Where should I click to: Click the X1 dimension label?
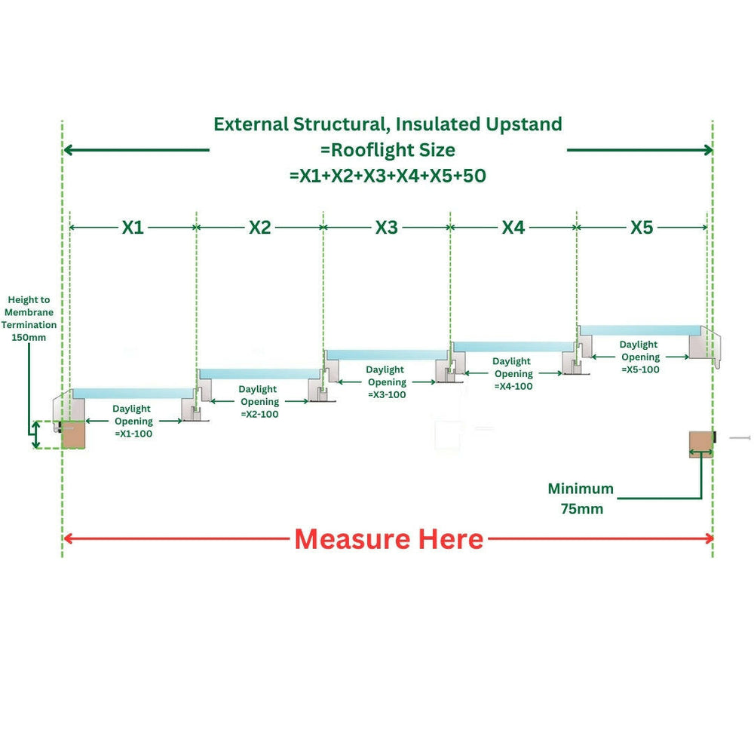[133, 227]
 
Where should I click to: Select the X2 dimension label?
[259, 227]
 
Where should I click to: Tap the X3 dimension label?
[386, 227]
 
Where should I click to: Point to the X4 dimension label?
[513, 227]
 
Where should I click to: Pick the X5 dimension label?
[642, 227]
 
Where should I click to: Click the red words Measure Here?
[388, 539]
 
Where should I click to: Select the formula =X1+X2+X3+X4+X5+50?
[388, 176]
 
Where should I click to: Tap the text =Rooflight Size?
[388, 149]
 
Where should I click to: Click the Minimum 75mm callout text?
[581, 498]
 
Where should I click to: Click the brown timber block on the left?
[74, 435]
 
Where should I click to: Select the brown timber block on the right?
[701, 443]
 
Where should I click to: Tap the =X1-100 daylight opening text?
[133, 434]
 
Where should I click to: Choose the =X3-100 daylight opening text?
[387, 395]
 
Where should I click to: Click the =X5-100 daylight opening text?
[640, 369]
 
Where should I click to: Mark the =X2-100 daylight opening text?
[259, 415]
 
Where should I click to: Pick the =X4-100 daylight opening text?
[513, 386]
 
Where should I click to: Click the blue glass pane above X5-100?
[639, 329]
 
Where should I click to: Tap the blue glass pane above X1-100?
[133, 393]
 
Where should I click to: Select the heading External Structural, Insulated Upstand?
[388, 124]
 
